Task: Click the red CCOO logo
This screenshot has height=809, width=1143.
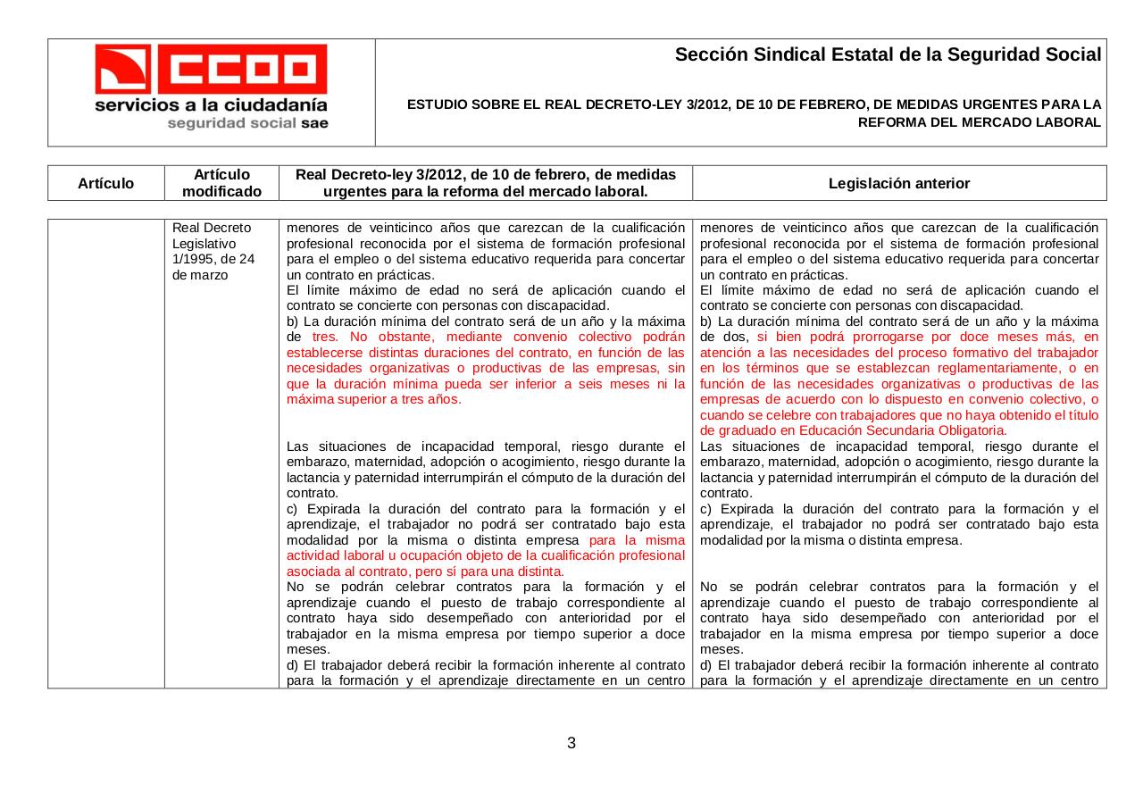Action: click(211, 69)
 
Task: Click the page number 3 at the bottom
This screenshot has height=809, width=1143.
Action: click(571, 743)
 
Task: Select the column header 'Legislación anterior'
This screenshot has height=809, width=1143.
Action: click(898, 183)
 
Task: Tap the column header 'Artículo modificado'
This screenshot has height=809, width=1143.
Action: click(221, 183)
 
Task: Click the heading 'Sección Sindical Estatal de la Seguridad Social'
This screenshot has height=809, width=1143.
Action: click(888, 54)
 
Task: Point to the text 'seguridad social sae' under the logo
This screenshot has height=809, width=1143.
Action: click(247, 123)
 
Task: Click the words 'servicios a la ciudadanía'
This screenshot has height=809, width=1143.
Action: click(211, 105)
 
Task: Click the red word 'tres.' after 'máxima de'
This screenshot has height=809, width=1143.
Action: click(328, 337)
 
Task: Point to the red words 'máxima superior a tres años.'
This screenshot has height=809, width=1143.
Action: click(374, 399)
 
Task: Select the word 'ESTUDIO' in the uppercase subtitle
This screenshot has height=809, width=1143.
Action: click(435, 104)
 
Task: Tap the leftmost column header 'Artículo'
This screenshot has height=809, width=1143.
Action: click(105, 183)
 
